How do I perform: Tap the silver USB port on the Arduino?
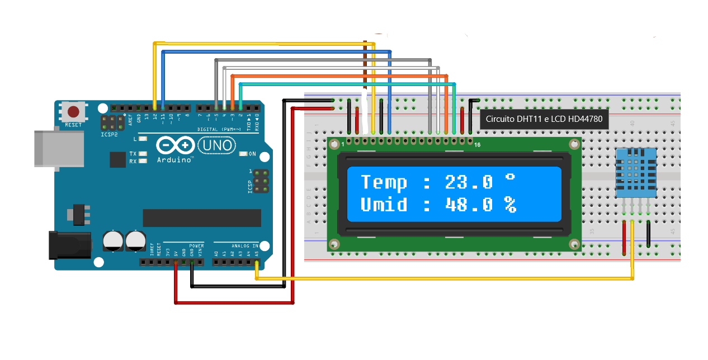coord(54,148)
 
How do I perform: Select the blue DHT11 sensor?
coord(636,173)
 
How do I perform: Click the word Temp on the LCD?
coord(384,182)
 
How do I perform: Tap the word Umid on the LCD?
coord(384,205)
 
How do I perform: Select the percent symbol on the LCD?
coord(509,205)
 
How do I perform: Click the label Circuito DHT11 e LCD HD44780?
coord(544,119)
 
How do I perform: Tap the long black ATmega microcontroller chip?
coord(201,218)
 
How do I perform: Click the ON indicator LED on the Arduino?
coord(243,154)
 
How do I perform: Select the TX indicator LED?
coord(143,154)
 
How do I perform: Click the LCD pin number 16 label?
coord(476,145)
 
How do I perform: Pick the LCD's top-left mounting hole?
coord(334,144)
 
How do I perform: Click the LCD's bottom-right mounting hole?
coord(574,244)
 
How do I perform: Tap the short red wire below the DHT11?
coord(625,238)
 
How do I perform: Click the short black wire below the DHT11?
coord(648,234)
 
